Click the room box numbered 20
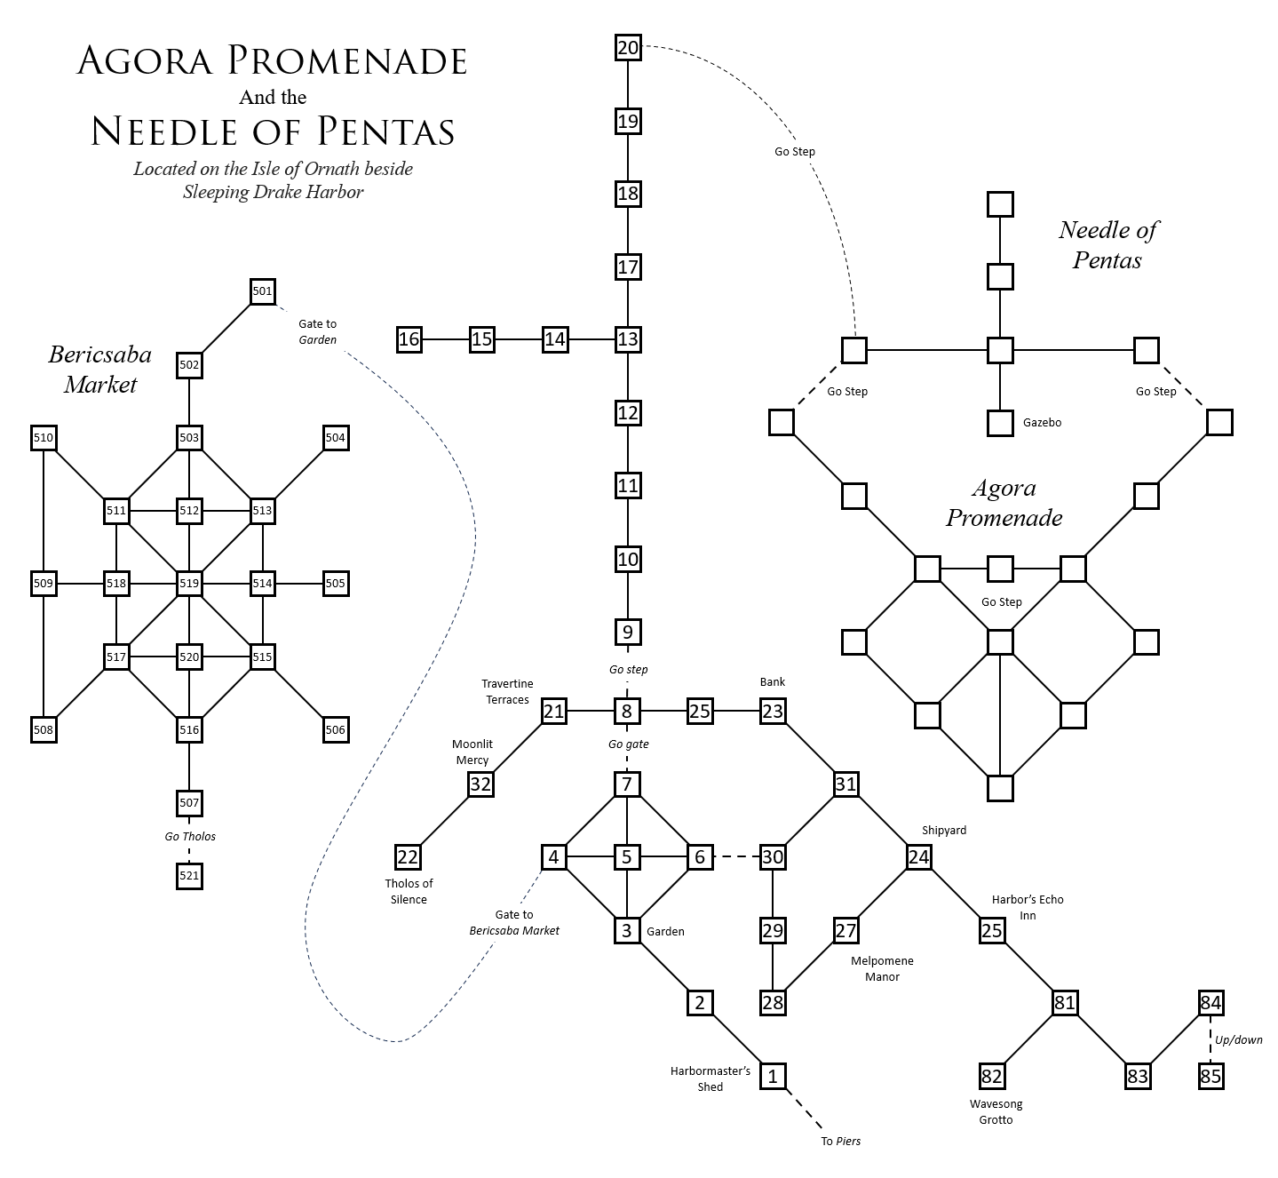(x=628, y=47)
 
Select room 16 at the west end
(x=409, y=339)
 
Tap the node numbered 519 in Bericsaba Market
(x=189, y=584)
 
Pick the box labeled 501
(x=262, y=291)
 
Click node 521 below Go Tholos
(x=189, y=876)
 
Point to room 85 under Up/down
(x=1211, y=1077)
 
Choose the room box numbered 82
(x=991, y=1077)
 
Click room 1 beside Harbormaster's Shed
(x=773, y=1077)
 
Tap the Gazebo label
(x=1042, y=423)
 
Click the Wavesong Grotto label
(x=996, y=1111)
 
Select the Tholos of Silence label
(x=409, y=891)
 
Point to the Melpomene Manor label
(x=882, y=968)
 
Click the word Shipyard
(x=943, y=830)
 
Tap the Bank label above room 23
(x=773, y=682)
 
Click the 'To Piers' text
(x=840, y=1141)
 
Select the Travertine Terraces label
(x=507, y=691)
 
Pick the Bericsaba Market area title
(x=99, y=370)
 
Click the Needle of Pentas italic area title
(x=1107, y=244)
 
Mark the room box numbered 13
(x=628, y=339)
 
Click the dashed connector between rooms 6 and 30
(x=736, y=857)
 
